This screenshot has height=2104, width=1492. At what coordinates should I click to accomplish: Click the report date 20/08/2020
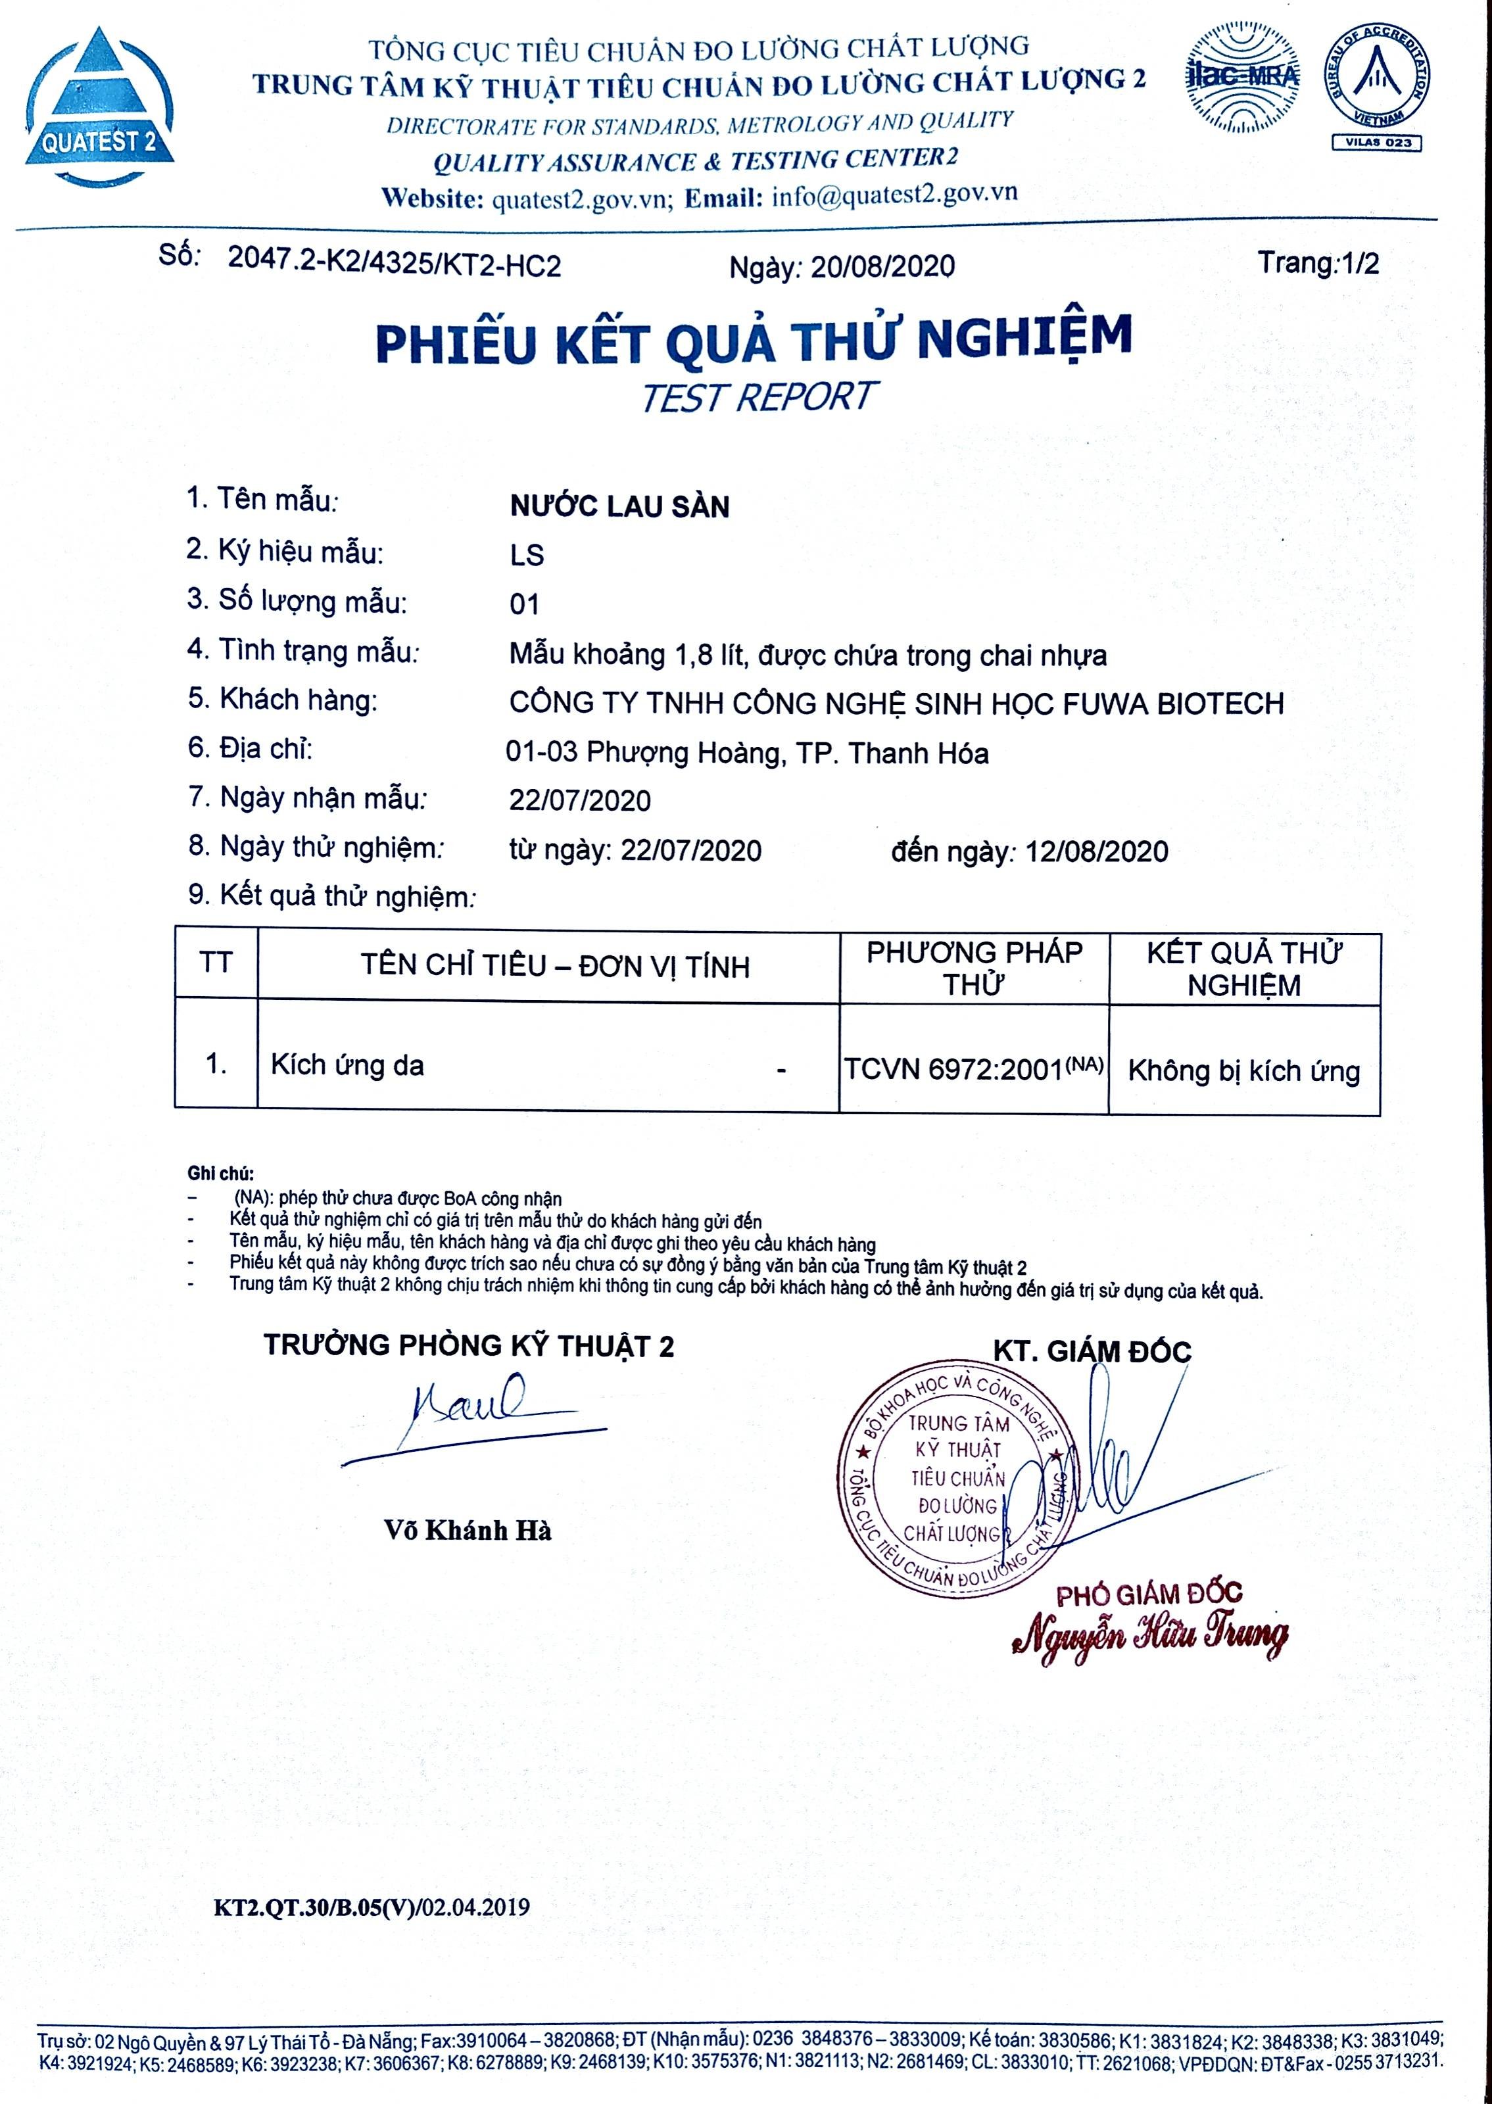coord(881,266)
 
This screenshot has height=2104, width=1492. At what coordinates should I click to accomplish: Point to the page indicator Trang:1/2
coord(1318,264)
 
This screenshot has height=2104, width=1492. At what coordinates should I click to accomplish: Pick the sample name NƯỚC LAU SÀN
coord(619,506)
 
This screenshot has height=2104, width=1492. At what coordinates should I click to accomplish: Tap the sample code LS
coord(527,556)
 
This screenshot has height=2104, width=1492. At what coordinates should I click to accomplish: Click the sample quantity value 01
coord(525,604)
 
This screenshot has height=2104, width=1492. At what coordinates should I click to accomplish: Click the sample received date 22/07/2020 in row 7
coord(580,801)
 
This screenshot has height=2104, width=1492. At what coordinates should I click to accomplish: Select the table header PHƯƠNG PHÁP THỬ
coord(974,968)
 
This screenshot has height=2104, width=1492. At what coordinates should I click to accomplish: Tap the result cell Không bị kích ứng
coord(1243,1071)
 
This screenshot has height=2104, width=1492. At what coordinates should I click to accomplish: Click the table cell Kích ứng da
coord(347,1065)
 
